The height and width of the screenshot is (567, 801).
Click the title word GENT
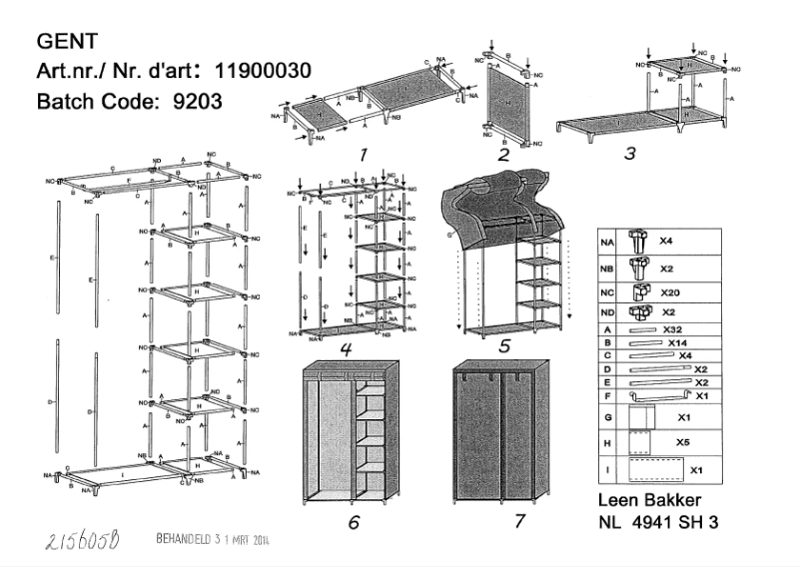[x=66, y=41]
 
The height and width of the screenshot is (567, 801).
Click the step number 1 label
[x=364, y=155]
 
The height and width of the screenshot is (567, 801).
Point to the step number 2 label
[x=503, y=155]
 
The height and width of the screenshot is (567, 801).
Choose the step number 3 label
[x=628, y=155]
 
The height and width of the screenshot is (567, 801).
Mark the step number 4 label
[x=345, y=349]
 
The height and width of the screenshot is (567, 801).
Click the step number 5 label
[x=504, y=345]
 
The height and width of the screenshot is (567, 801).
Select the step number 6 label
[x=354, y=522]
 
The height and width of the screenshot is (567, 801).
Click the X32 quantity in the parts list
[x=674, y=328]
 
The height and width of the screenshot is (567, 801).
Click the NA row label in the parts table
[x=606, y=241]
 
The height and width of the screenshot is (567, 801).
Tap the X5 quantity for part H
[x=684, y=440]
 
